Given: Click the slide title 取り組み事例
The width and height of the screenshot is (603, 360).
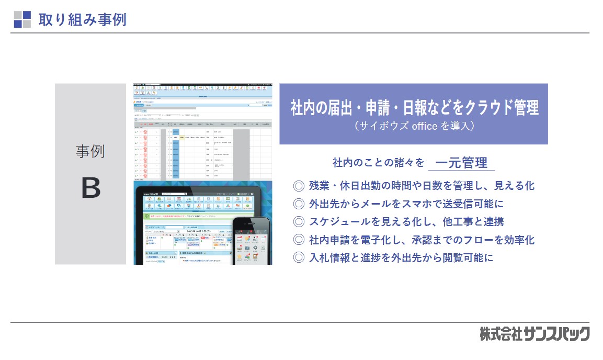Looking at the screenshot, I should click(82, 19).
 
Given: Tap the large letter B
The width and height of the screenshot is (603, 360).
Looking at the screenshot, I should click(90, 189).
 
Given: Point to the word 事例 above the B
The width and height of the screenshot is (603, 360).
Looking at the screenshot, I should click(90, 151).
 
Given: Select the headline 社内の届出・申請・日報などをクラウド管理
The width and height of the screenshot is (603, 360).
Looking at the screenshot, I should click(414, 108).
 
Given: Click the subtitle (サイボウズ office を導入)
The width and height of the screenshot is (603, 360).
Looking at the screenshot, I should click(414, 126).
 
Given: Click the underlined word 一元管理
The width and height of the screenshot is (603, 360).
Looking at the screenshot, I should click(461, 163).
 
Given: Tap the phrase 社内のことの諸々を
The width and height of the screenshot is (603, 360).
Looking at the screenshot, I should click(378, 163).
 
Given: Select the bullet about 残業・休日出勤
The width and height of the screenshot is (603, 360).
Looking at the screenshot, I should click(421, 185).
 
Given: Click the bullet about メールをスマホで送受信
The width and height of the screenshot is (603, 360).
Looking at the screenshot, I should click(406, 204).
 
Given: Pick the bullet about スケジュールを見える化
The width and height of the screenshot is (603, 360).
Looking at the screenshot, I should click(406, 222).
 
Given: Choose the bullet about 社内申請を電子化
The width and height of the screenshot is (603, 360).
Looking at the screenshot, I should click(421, 240).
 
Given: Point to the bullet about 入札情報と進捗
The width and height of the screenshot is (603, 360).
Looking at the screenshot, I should click(401, 257).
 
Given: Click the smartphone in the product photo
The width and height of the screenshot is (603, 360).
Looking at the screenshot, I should click(252, 241).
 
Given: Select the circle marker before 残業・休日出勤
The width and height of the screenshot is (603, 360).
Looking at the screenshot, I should click(299, 186).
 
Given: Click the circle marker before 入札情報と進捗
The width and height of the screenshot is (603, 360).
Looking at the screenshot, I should click(299, 257).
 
